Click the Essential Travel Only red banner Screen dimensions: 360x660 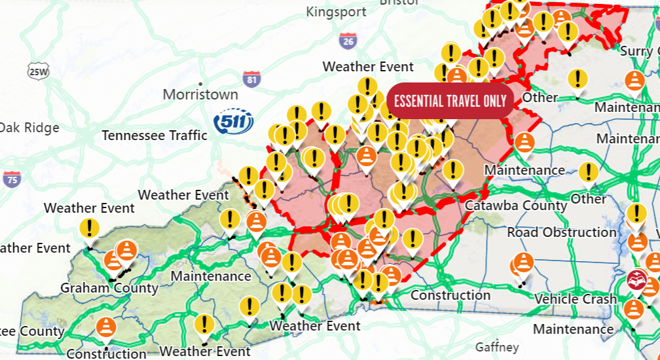click(x=450, y=101)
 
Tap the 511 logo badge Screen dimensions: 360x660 click(x=234, y=121)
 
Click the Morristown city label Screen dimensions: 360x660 click(x=200, y=94)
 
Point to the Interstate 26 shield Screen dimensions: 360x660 click(x=348, y=41)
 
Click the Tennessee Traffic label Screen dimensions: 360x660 click(x=155, y=135)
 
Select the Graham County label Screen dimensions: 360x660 click(x=109, y=288)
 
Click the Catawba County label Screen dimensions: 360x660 click(x=516, y=206)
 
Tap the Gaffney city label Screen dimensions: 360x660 click(x=497, y=347)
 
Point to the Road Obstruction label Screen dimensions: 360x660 click(x=562, y=232)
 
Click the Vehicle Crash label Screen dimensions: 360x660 click(x=576, y=299)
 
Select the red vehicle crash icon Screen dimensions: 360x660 click(x=635, y=280)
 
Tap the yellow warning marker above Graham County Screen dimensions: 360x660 click(x=89, y=229)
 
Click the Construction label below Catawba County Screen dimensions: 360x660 click(x=450, y=295)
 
